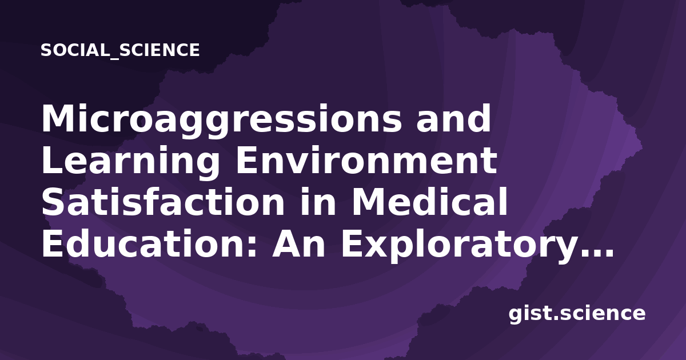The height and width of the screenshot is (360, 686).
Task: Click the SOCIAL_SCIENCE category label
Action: coord(120,50)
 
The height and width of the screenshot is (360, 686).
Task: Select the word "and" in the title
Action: coord(453,118)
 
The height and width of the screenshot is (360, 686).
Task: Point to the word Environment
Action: coord(366,160)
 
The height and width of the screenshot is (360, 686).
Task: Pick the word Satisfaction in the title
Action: coord(163,202)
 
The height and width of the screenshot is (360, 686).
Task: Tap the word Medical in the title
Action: coord(430,202)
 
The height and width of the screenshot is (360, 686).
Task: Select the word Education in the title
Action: coord(144,244)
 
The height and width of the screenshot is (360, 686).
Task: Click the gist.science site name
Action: coord(577,314)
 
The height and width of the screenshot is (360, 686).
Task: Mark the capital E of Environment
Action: coord(248,161)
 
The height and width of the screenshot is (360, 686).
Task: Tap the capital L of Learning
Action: coord(53,161)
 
